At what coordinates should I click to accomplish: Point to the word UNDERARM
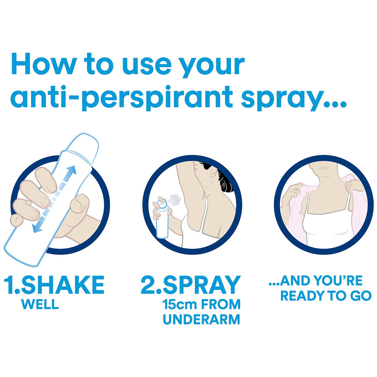click(201, 320)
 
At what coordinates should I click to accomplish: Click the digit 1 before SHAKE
click(10, 285)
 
